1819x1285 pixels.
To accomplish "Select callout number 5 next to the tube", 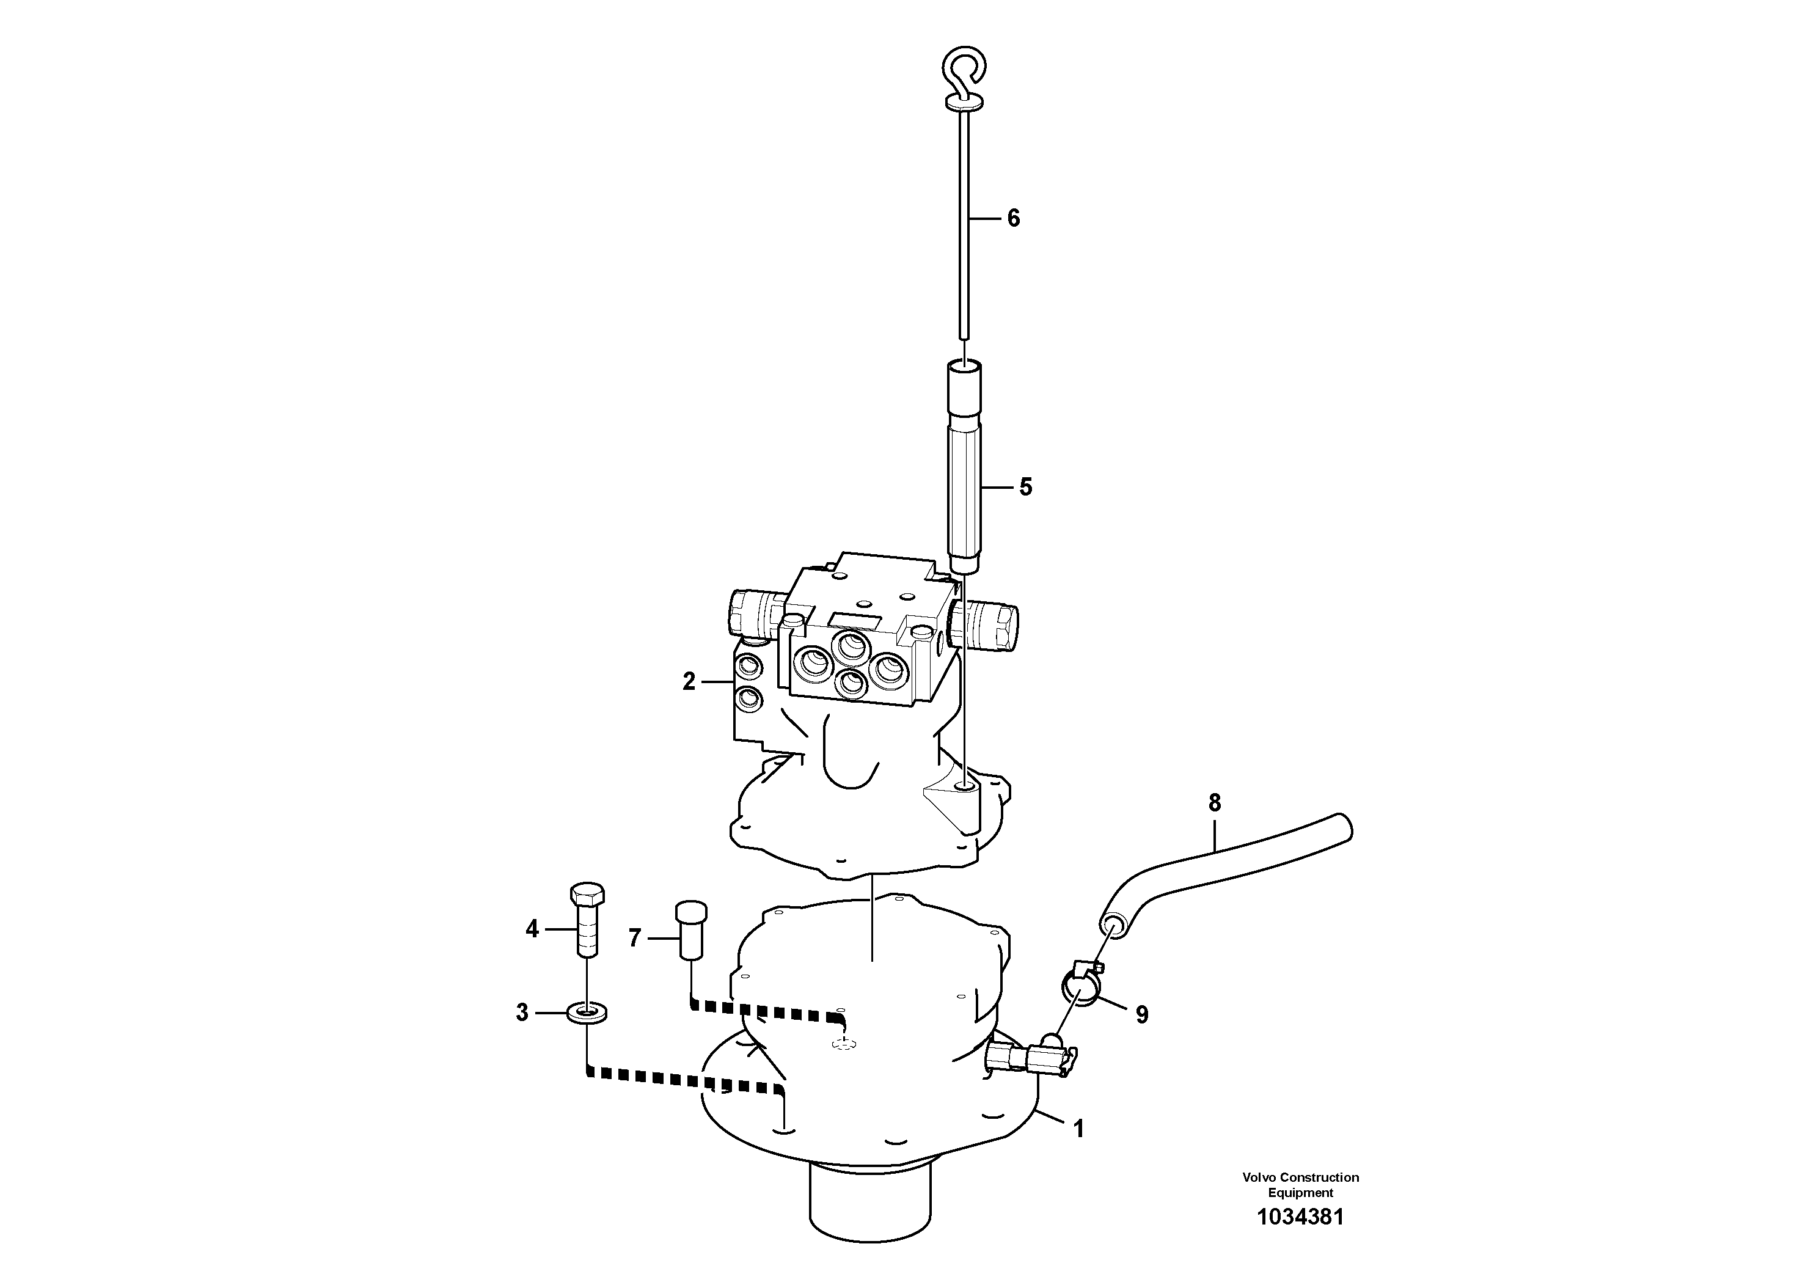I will [1025, 487].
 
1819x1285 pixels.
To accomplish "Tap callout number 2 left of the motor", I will [689, 681].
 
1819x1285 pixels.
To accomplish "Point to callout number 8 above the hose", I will [1215, 804].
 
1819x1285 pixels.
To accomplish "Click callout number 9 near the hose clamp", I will [1141, 1015].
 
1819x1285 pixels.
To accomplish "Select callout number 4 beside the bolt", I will [532, 929].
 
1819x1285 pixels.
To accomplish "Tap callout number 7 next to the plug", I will [634, 939].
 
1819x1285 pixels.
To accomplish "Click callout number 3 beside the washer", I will [522, 1012].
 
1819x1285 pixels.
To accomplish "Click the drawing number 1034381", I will [1300, 1239].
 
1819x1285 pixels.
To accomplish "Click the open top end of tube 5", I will [964, 366].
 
